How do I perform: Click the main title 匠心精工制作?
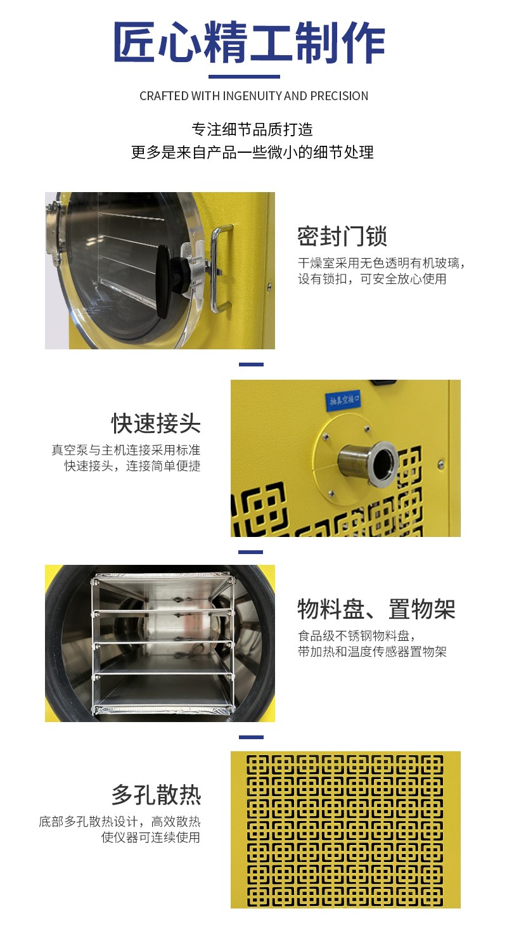pyautogui.click(x=249, y=42)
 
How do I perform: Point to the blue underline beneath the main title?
pyautogui.click(x=244, y=77)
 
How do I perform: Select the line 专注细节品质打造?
pyautogui.click(x=252, y=130)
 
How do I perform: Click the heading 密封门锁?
pyautogui.click(x=342, y=236)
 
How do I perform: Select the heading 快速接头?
pyautogui.click(x=156, y=423)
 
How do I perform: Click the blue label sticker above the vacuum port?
pyautogui.click(x=343, y=400)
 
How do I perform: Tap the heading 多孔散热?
pyautogui.click(x=156, y=795)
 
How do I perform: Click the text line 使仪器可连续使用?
pyautogui.click(x=151, y=837)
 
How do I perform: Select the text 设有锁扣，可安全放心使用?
pyautogui.click(x=372, y=278)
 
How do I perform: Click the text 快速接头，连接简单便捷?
pyautogui.click(x=132, y=465)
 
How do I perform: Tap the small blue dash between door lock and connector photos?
pyautogui.click(x=251, y=365)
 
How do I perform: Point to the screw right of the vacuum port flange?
pyautogui.click(x=440, y=464)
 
